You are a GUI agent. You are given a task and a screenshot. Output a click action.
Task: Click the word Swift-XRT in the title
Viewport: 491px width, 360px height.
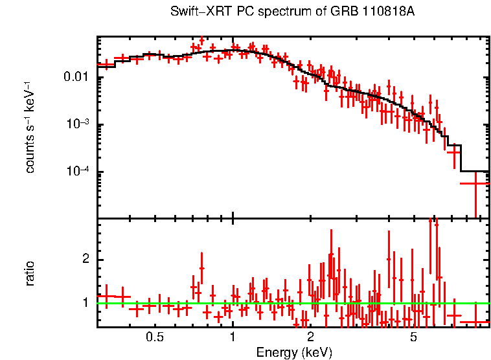[195, 12]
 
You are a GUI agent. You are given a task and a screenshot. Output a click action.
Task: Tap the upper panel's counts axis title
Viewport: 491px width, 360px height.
[30, 127]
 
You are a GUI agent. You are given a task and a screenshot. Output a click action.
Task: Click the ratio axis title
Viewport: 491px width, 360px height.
[30, 273]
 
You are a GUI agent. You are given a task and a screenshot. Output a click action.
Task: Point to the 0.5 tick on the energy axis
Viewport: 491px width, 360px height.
[154, 337]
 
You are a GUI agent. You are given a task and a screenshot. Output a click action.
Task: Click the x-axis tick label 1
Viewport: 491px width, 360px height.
[233, 337]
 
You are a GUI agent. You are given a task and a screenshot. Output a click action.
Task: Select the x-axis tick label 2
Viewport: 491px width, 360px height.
[310, 337]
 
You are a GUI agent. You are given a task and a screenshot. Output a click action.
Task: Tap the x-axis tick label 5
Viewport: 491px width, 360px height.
[413, 337]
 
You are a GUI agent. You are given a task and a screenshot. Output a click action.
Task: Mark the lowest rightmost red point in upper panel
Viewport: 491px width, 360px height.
[475, 183]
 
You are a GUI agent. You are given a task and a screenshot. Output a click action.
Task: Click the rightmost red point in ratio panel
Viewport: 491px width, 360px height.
[475, 322]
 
